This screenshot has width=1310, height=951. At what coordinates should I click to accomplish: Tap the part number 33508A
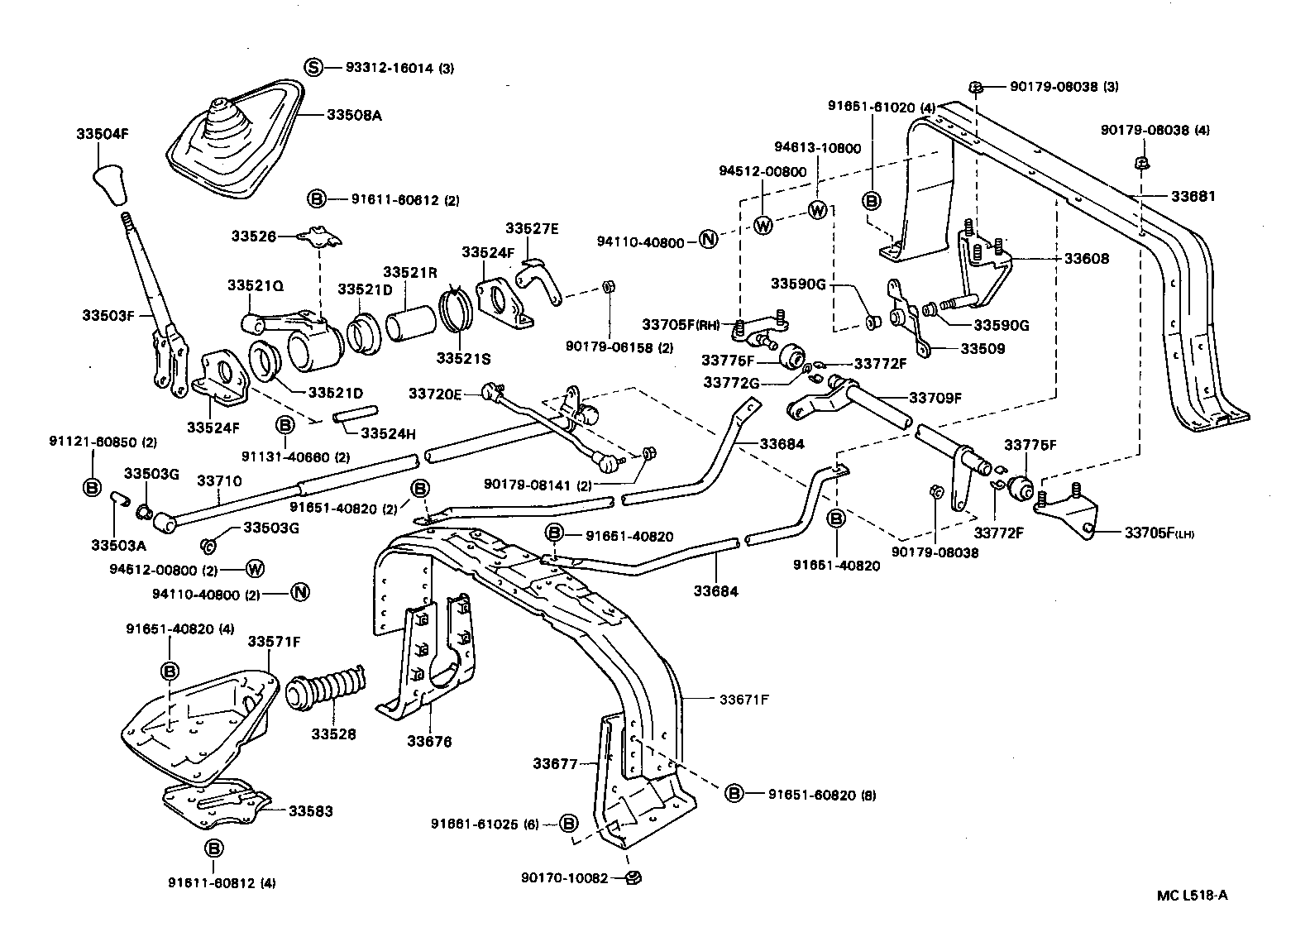click(x=354, y=116)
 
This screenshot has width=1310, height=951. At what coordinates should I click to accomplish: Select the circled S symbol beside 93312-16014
click(x=313, y=68)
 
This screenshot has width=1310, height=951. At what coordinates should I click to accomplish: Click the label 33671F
click(x=743, y=699)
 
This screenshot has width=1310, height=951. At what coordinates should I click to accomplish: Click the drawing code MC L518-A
click(x=1192, y=894)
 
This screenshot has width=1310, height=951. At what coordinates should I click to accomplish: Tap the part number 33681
click(x=1193, y=196)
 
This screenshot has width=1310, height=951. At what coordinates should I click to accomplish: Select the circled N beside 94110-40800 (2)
click(x=299, y=593)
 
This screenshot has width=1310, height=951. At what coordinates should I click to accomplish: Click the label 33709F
click(x=935, y=398)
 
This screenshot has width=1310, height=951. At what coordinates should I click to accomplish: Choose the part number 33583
click(x=311, y=811)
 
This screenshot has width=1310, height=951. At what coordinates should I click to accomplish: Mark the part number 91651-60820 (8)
click(x=822, y=795)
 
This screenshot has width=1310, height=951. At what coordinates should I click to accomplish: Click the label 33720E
click(x=434, y=394)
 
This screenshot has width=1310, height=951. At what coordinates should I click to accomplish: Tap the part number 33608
click(x=1086, y=259)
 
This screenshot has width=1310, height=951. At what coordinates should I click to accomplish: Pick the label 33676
click(x=428, y=742)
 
